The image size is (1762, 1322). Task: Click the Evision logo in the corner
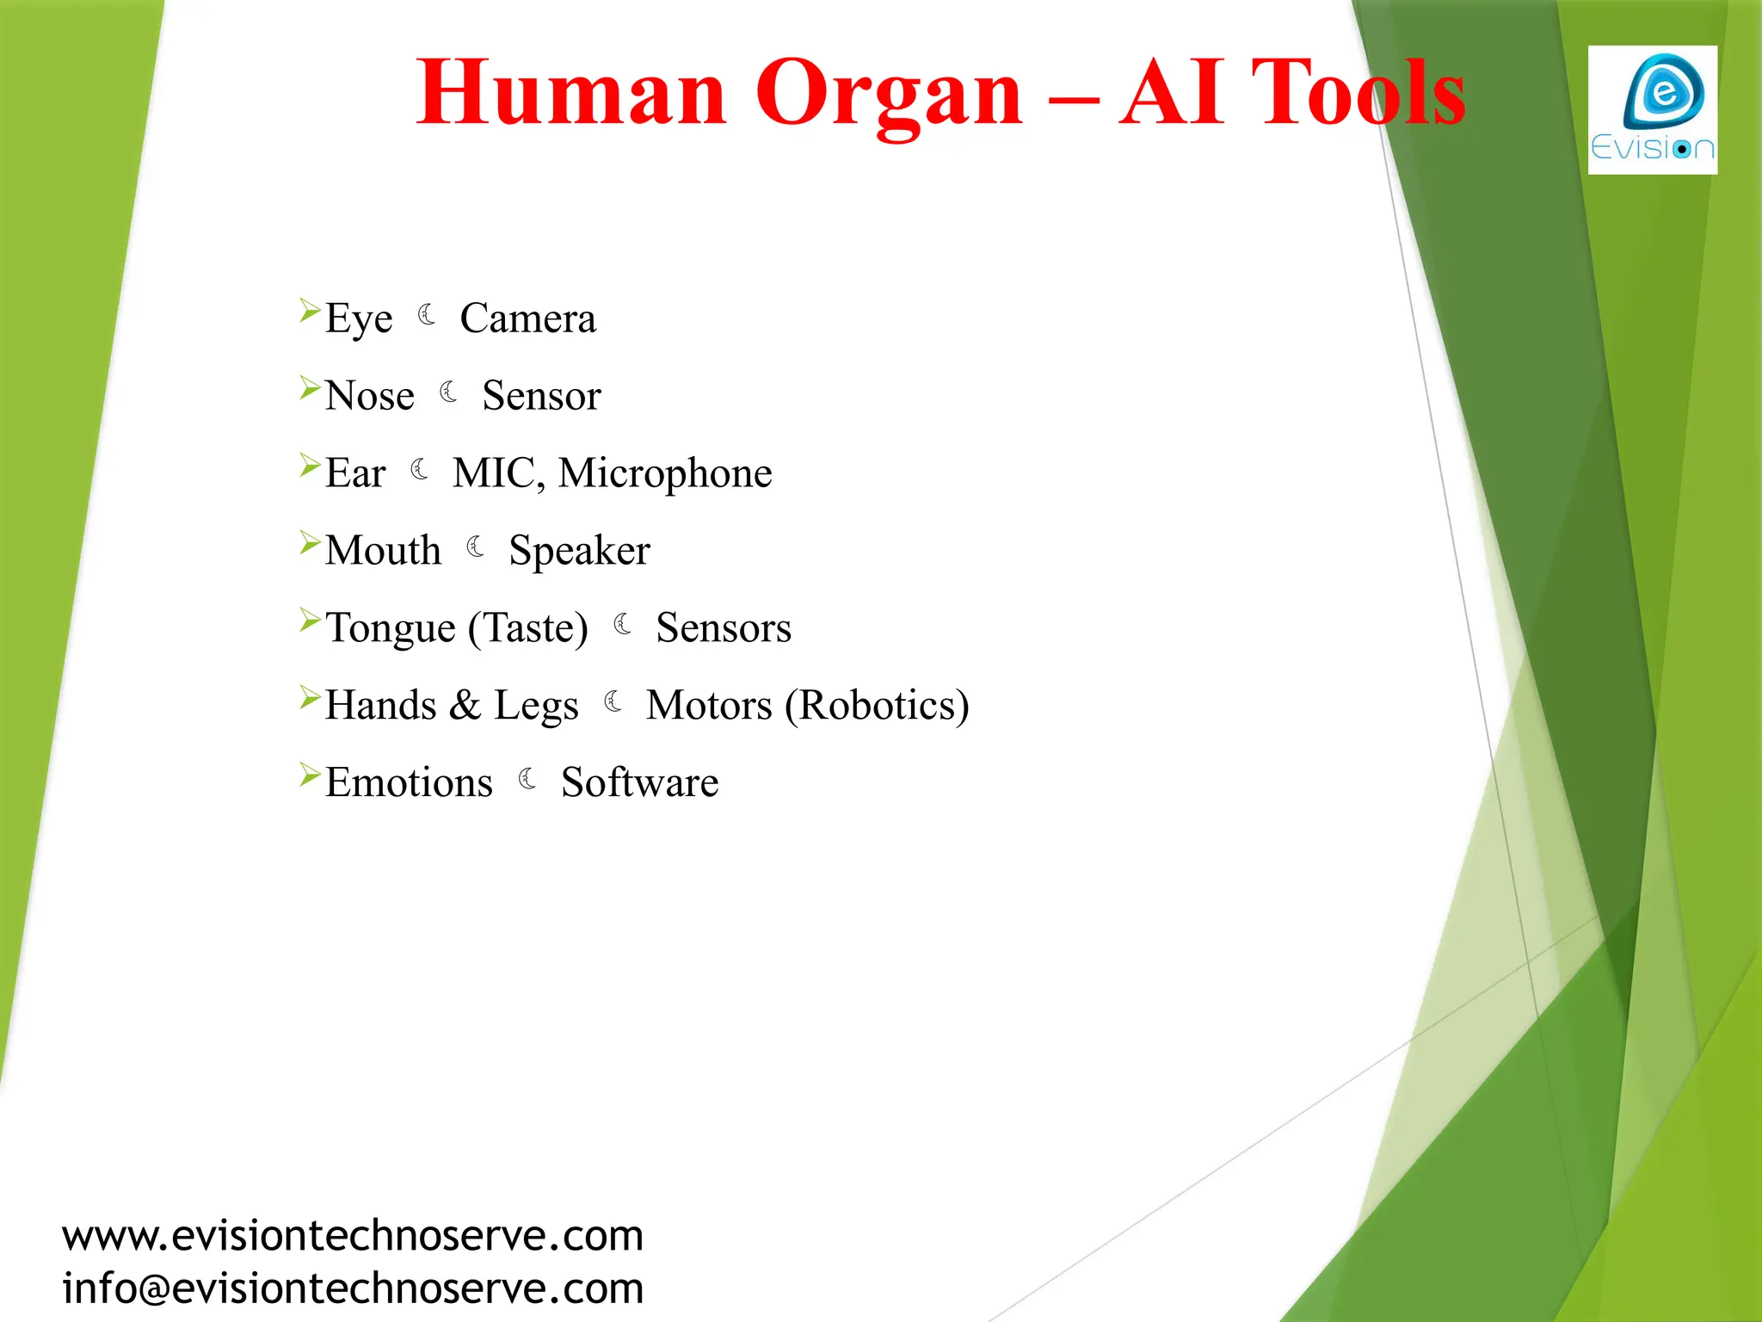(1652, 110)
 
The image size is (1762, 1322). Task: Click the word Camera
(527, 318)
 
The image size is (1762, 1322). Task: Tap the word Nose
(370, 396)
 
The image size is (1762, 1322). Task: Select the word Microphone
(665, 474)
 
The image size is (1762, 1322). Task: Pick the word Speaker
(579, 552)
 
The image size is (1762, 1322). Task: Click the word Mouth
(383, 551)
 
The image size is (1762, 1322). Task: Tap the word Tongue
(391, 629)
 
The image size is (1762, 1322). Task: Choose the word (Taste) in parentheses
(528, 628)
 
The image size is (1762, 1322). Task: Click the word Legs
(536, 707)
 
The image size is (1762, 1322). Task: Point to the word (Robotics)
(877, 706)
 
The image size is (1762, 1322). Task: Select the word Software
(639, 783)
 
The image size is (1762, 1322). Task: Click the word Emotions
(409, 783)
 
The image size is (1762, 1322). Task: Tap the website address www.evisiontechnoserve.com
(353, 1236)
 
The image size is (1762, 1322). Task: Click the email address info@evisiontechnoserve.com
(353, 1288)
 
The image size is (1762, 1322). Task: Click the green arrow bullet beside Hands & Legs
(310, 697)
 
